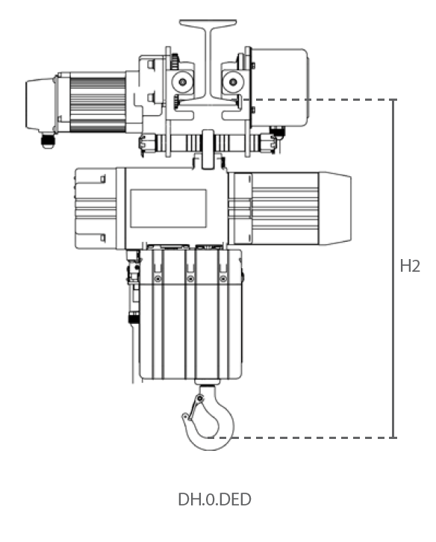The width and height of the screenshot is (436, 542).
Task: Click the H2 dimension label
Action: (x=410, y=267)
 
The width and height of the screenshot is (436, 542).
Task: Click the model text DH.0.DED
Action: (x=214, y=499)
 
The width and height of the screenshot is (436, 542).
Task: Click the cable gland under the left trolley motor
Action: (x=49, y=140)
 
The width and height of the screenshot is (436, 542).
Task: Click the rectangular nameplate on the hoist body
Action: (x=168, y=208)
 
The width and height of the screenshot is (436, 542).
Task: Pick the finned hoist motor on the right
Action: (x=275, y=208)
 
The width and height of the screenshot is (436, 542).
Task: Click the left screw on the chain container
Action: (x=158, y=278)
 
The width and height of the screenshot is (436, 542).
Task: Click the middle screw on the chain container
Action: (x=190, y=278)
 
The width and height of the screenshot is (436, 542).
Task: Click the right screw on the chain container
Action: (x=222, y=278)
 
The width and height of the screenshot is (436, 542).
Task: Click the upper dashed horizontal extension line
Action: (x=321, y=99)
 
